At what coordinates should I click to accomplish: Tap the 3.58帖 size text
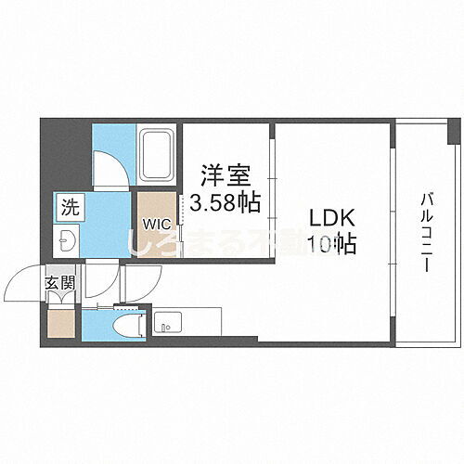pos(226,200)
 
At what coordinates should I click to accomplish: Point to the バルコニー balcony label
pos(428,232)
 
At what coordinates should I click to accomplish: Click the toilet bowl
pos(130,326)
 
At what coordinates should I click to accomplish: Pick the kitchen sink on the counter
pos(166,326)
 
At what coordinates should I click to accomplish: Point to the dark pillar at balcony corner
pos(453,132)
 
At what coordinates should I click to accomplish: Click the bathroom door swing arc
pos(108,167)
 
